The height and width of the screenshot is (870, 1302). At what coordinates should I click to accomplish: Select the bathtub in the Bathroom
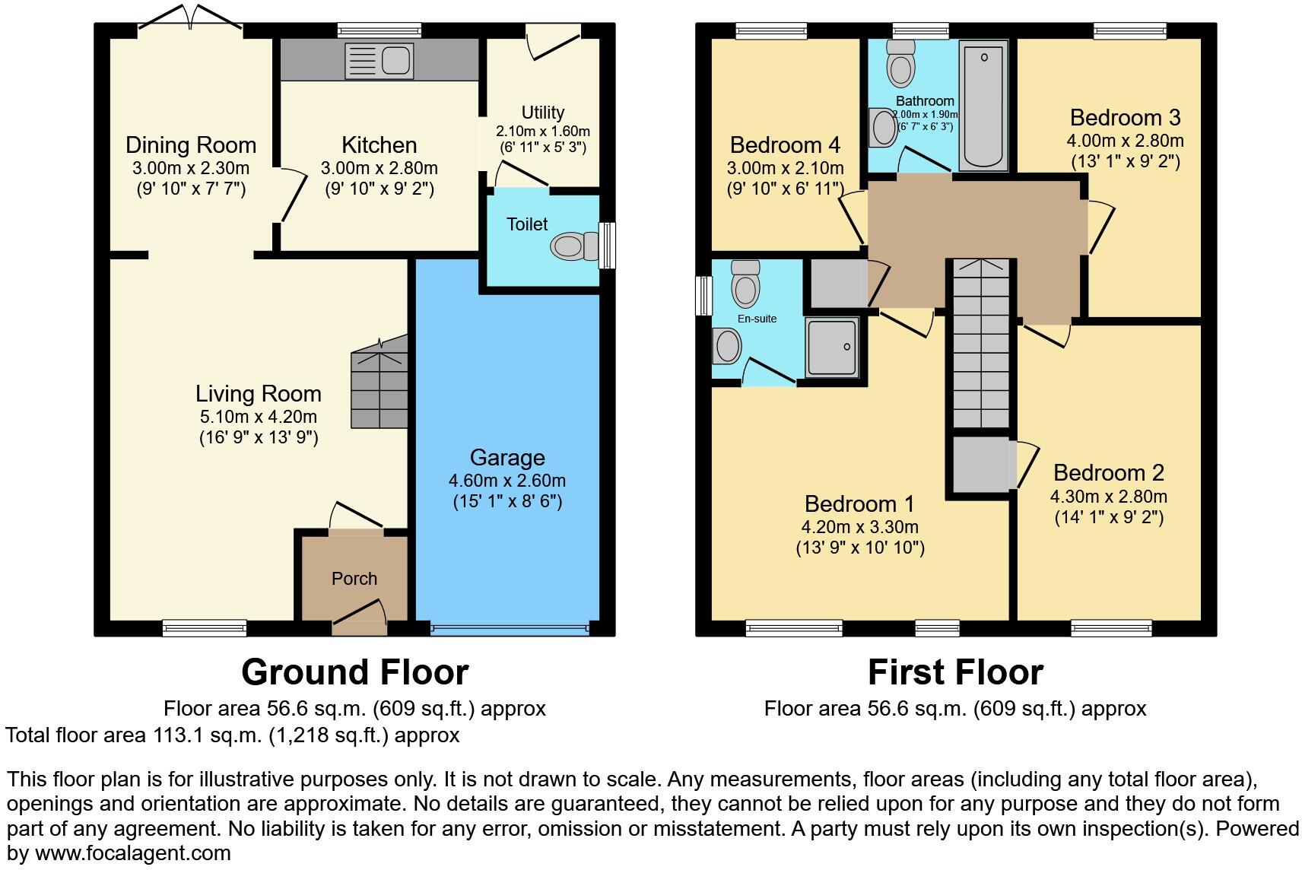(x=983, y=106)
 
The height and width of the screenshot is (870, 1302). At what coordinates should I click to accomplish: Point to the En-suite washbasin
(x=728, y=347)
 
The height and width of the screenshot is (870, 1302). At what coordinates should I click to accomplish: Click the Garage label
(x=507, y=458)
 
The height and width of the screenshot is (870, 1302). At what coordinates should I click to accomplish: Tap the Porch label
(x=354, y=579)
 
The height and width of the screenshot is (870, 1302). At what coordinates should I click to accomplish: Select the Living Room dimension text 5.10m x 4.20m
(x=258, y=417)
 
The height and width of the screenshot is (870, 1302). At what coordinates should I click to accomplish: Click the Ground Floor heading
(x=354, y=672)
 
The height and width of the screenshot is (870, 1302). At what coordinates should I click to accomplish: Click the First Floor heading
(x=955, y=672)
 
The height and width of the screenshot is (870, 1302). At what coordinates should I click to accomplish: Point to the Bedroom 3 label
(x=1125, y=118)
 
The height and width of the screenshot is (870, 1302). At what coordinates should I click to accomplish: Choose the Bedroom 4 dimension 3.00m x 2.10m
(x=786, y=168)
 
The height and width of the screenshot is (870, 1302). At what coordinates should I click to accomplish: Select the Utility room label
(x=543, y=113)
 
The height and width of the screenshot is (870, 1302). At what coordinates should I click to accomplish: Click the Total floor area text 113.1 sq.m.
(x=232, y=735)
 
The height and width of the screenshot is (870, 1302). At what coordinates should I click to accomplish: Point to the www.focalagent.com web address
(x=133, y=853)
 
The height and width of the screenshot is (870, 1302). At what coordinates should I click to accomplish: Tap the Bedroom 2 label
(x=1108, y=473)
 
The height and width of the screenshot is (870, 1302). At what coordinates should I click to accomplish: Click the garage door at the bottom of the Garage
(x=508, y=629)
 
